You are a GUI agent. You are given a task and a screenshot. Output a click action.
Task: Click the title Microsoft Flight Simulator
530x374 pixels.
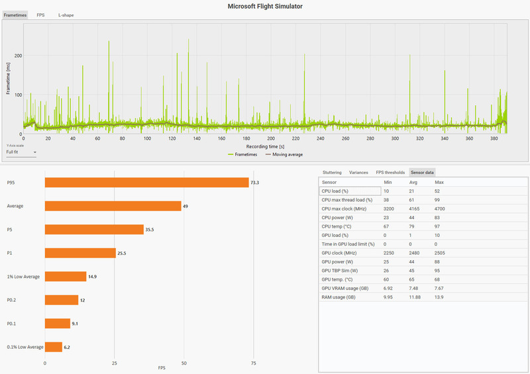point(265,6)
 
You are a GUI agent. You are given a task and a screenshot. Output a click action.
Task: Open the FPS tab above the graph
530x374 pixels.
point(40,15)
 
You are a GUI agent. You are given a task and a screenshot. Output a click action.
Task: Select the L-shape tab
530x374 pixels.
point(66,15)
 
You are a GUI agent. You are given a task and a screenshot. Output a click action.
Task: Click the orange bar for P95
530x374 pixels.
point(146,182)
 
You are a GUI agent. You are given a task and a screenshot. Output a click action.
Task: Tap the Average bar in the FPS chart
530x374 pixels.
point(113,206)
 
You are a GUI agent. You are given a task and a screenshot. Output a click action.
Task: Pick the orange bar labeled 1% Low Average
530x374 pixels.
point(65,276)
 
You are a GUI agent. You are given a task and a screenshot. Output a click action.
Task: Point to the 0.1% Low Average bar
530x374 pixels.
point(53,346)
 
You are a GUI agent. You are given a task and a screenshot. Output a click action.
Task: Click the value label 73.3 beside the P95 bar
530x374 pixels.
point(254,182)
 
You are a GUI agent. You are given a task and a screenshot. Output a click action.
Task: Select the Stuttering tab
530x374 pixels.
point(331,172)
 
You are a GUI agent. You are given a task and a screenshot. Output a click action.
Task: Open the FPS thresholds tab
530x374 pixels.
point(390,172)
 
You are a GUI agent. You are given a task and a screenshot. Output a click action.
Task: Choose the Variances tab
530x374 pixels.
point(358,172)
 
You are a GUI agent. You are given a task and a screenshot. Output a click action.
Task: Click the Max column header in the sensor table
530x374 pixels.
point(439,181)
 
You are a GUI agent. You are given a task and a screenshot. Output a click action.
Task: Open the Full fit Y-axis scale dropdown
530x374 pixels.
point(21,152)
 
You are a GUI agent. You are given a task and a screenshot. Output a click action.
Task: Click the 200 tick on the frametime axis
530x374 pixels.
point(19,56)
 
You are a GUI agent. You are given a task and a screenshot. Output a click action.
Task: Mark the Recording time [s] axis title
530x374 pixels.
point(265,146)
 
